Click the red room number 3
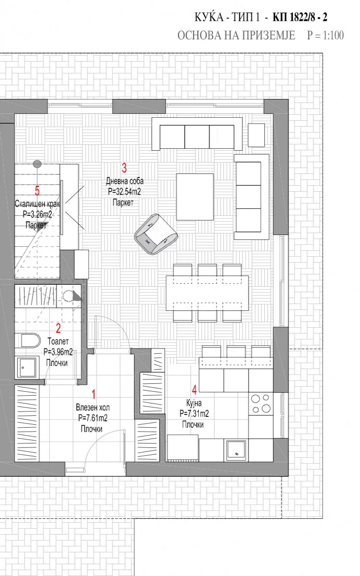point(124,168)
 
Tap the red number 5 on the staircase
point(37,191)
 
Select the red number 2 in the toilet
point(58,328)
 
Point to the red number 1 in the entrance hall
point(93,395)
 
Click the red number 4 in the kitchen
point(194,390)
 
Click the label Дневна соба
point(125,181)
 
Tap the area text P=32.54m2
point(124,192)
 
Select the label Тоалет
point(58,341)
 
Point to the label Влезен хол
point(93,407)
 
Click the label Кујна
point(194,404)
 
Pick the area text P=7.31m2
point(194,413)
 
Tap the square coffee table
point(195,197)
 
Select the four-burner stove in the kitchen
point(261,404)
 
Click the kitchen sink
point(236,450)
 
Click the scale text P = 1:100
point(325,35)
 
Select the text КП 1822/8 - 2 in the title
point(300,17)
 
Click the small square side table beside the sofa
point(256,135)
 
